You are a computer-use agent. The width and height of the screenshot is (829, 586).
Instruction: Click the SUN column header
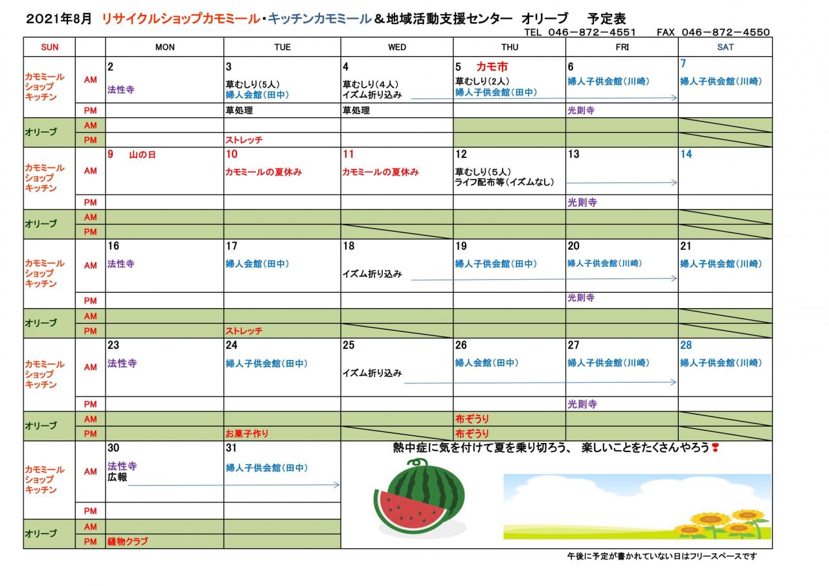(x=49, y=47)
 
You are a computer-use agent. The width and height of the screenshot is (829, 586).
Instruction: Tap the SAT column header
(x=725, y=47)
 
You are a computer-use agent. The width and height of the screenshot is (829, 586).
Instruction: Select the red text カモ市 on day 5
(x=492, y=67)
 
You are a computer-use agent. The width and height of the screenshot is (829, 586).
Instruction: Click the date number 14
(x=686, y=154)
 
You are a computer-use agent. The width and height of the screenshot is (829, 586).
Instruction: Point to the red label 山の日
(x=142, y=155)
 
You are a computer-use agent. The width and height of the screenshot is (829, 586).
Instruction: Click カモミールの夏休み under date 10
(x=264, y=172)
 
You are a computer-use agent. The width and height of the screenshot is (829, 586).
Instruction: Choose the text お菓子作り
(x=247, y=433)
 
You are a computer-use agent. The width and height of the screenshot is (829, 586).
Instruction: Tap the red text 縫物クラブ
(x=128, y=541)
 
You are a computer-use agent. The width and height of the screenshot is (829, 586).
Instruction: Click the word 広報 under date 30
(x=117, y=477)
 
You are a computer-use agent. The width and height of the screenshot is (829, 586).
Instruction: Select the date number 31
(x=231, y=448)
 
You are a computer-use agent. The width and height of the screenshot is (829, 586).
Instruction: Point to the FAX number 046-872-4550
(x=725, y=32)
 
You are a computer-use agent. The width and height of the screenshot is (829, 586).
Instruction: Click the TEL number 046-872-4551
(x=591, y=32)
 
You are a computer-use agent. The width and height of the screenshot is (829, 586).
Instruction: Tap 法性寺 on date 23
(x=122, y=363)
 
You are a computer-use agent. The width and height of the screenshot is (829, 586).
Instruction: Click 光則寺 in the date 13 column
(x=582, y=203)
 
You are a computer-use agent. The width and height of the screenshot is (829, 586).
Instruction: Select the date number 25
(x=348, y=345)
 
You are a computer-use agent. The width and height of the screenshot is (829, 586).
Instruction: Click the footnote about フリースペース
(x=661, y=556)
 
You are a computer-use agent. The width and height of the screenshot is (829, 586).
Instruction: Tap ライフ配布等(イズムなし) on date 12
(x=505, y=182)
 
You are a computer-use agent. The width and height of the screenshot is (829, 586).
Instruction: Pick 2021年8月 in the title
(x=60, y=19)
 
